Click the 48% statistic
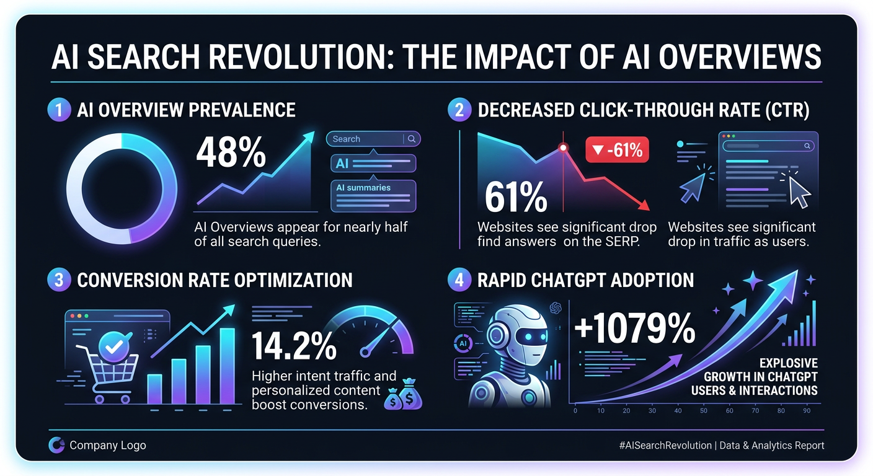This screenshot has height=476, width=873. tap(231, 153)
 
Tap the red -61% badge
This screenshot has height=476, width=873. tap(617, 149)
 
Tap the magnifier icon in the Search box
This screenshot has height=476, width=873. tap(412, 139)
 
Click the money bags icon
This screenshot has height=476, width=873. tap(402, 397)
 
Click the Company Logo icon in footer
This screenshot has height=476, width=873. tap(56, 445)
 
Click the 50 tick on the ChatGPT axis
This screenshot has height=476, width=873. tap(703, 411)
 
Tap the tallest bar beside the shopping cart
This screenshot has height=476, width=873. tap(227, 366)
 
